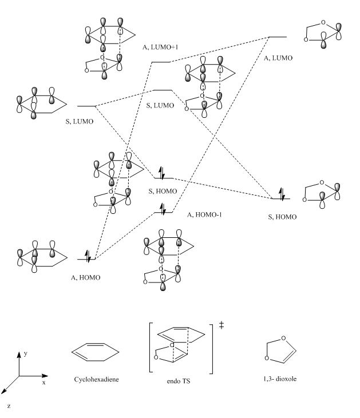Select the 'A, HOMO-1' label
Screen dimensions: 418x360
click(205, 214)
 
